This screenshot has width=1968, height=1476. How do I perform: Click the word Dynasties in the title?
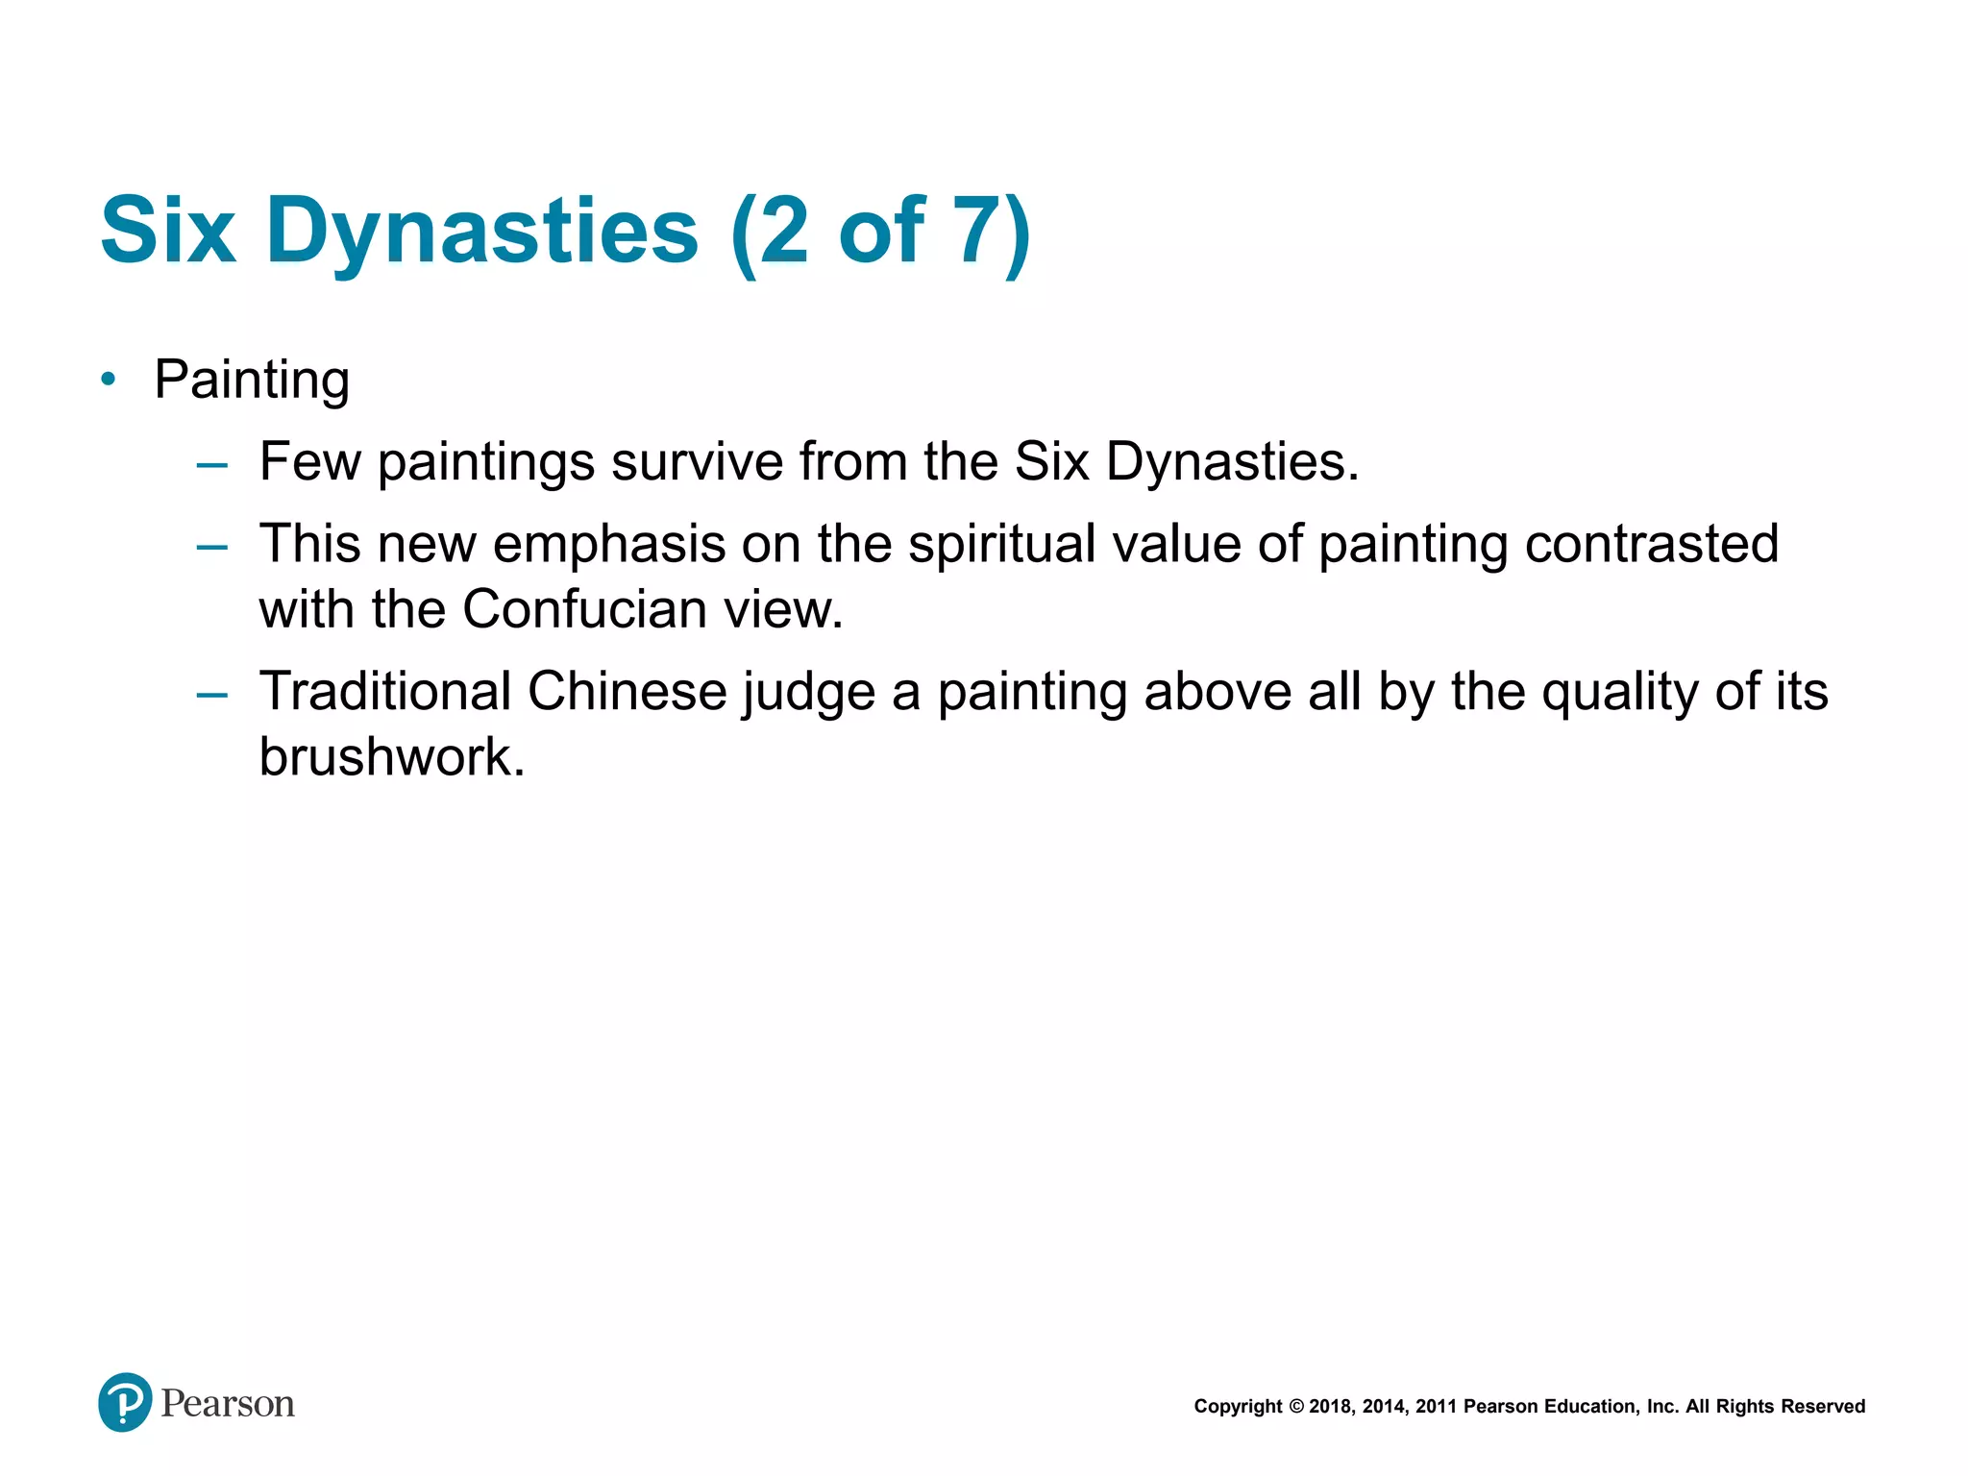pos(482,231)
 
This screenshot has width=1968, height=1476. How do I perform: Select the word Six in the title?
pos(168,231)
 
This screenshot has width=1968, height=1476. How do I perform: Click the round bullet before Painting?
pos(109,380)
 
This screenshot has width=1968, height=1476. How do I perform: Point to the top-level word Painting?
pos(252,380)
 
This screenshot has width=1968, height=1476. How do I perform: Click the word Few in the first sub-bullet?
pos(309,461)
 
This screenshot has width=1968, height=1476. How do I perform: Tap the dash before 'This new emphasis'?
pos(211,547)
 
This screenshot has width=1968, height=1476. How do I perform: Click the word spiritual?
pos(1000,544)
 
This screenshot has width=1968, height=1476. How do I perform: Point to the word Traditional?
pos(384,691)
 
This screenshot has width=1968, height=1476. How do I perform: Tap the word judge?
pos(807,693)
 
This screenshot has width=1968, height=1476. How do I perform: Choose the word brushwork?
pos(391,756)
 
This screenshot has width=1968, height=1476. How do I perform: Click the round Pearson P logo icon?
pos(125,1402)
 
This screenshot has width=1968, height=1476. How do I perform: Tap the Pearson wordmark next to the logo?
pos(228,1404)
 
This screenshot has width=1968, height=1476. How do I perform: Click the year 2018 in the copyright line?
pos(1330,1407)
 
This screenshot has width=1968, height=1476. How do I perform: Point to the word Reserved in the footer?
pos(1823,1407)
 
